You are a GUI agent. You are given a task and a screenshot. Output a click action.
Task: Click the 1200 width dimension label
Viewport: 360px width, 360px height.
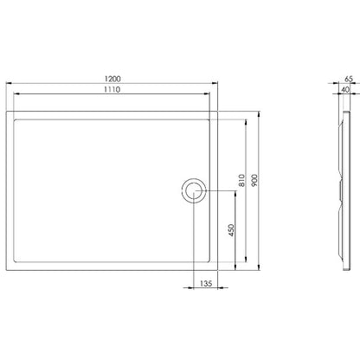pyautogui.click(x=112, y=79)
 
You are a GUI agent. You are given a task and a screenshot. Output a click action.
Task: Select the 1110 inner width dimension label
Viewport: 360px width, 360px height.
pyautogui.click(x=112, y=89)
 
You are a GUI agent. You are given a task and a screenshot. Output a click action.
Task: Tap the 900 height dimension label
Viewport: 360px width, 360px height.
pyautogui.click(x=254, y=180)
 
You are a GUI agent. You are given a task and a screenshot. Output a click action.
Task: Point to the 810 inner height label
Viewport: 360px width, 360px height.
pyautogui.click(x=241, y=180)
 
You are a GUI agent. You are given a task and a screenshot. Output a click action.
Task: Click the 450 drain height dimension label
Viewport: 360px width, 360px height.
pyautogui.click(x=231, y=230)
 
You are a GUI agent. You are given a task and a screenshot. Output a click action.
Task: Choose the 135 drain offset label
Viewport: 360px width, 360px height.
pyautogui.click(x=206, y=283)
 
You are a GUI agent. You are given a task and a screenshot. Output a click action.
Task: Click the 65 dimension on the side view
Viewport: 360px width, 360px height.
pyautogui.click(x=349, y=79)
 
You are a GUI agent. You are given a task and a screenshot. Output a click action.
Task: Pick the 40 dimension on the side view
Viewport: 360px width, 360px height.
pyautogui.click(x=345, y=89)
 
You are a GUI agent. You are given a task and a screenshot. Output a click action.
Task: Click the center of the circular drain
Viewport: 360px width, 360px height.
pyautogui.click(x=194, y=191)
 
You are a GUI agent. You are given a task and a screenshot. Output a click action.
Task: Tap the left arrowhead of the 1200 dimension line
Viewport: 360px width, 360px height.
pyautogui.click(x=9, y=83)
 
